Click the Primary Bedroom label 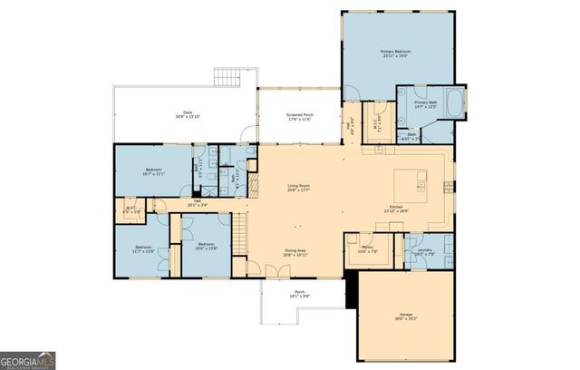tap(395, 53)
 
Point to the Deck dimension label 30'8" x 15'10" tap(187, 115)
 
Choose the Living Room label tap(299, 187)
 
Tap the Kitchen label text tap(396, 208)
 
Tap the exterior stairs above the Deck tap(227, 77)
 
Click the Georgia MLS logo tap(28, 359)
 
